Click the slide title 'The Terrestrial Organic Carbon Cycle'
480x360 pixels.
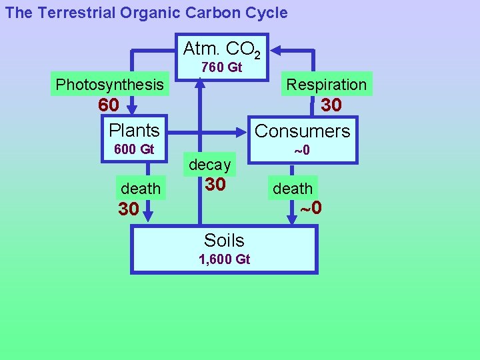pos(147,13)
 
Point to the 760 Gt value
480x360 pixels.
pos(221,67)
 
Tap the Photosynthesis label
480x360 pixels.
pos(109,85)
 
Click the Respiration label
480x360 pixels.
pos(326,85)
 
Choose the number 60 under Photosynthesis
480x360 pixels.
pos(109,105)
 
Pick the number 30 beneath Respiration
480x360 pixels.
pos(331,105)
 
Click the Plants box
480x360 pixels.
pos(134,130)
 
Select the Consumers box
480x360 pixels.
pos(302,131)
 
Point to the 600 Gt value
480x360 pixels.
pos(134,149)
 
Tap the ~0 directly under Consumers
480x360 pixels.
pos(302,150)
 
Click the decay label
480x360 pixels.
pos(209,164)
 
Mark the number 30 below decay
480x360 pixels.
pos(215,184)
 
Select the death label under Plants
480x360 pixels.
pos(141,189)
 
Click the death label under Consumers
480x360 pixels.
pos(292,189)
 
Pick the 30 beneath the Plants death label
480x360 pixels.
pos(129,209)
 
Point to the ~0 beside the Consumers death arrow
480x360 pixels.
pos(311,208)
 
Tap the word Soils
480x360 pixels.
pos(224,240)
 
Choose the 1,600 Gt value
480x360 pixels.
pos(224,259)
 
